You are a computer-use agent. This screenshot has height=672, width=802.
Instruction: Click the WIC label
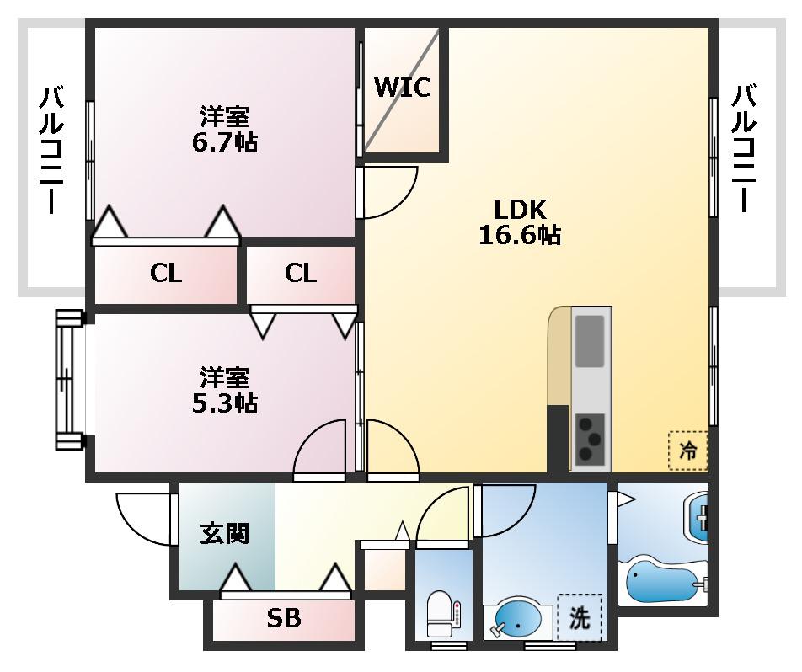tap(403, 88)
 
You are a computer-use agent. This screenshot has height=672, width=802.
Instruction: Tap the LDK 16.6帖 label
tap(520, 222)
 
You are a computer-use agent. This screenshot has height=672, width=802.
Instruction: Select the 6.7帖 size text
tap(225, 142)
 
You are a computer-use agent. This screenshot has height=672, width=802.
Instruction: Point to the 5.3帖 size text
tap(225, 403)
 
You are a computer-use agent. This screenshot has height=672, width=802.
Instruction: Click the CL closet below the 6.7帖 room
tap(166, 274)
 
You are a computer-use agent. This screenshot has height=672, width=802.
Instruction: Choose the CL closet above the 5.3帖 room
tap(301, 274)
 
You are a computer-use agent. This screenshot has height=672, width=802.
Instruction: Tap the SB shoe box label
tap(284, 619)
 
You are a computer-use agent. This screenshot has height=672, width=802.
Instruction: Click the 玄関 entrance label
tap(225, 533)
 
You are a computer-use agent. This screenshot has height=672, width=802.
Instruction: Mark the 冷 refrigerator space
tap(688, 451)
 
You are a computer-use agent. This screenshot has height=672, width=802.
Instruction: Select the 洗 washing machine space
tap(580, 618)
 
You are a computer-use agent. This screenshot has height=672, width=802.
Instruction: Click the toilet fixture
tap(440, 614)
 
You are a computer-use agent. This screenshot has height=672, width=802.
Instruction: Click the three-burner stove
tap(591, 439)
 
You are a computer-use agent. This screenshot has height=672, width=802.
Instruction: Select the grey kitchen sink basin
tap(590, 341)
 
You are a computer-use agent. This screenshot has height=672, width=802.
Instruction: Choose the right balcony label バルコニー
tap(744, 148)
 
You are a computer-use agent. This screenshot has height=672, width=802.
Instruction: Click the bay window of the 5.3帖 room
tap(69, 380)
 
